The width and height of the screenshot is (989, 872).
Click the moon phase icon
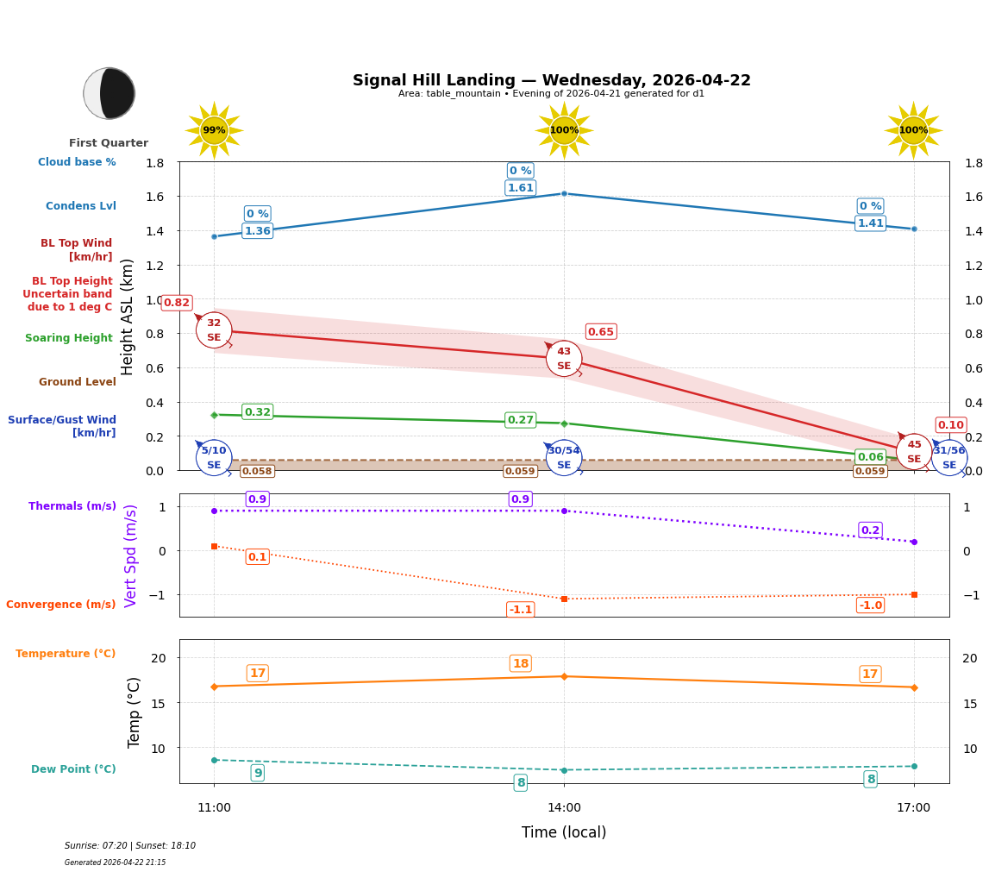tap(110, 93)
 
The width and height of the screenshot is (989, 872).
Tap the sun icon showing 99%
tap(214, 130)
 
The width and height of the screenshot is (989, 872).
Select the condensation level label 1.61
tap(520, 188)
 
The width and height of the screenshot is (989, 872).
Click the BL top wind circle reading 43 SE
tap(564, 359)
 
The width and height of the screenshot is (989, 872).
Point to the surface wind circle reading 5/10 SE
tap(214, 457)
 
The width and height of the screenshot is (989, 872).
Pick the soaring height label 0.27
tap(520, 420)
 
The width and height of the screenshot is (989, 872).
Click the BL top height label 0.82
tap(177, 303)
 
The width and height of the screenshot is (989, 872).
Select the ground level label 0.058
tap(257, 471)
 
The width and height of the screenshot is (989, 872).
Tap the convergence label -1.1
tap(520, 610)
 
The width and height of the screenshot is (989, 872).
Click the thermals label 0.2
tap(870, 530)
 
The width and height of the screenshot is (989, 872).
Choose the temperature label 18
tap(520, 663)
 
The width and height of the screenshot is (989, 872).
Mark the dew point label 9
tap(258, 773)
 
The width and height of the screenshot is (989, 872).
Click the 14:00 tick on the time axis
tap(564, 807)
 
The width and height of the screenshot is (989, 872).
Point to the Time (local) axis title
tap(564, 832)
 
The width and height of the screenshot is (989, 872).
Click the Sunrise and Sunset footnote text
tap(130, 846)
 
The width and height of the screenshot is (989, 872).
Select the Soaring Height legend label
tap(69, 338)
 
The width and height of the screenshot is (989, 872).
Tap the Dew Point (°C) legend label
tap(73, 769)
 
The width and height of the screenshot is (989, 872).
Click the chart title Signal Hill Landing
tap(551, 80)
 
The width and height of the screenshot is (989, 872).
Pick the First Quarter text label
tap(109, 143)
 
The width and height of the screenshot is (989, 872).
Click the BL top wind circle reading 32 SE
tap(214, 330)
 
